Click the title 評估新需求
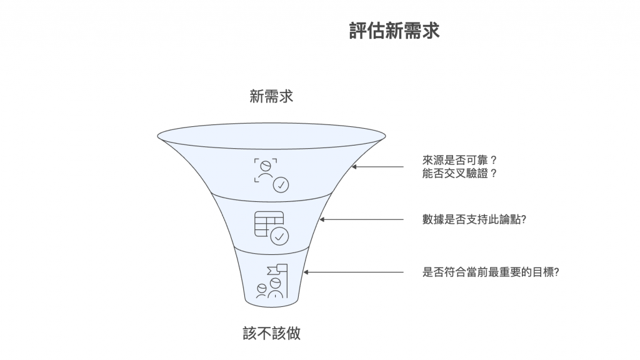tap(394, 31)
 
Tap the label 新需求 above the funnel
tap(271, 97)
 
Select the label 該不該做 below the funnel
tap(271, 332)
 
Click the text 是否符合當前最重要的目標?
tap(490, 272)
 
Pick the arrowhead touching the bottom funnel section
tap(306, 272)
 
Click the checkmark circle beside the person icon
tap(281, 184)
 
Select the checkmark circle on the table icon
tap(279, 236)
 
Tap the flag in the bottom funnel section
tap(276, 270)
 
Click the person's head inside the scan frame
tap(266, 165)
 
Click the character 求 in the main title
tap(431, 31)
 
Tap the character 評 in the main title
tap(358, 31)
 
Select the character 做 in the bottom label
tap(293, 332)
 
